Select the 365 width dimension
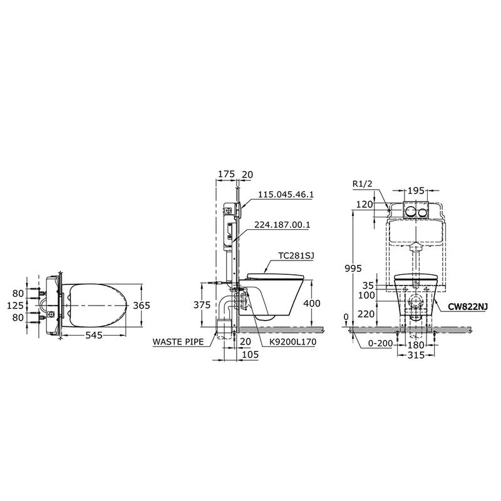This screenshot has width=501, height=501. tap(142, 306)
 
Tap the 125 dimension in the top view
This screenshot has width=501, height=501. tap(15, 306)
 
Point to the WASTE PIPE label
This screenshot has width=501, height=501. tap(178, 341)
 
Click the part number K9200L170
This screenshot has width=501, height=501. tap(293, 342)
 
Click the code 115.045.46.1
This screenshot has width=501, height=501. tap(286, 194)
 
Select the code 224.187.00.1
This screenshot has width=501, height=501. tap(282, 225)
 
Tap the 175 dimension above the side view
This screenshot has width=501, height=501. tap(226, 174)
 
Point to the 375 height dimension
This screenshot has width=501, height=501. tap(202, 305)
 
